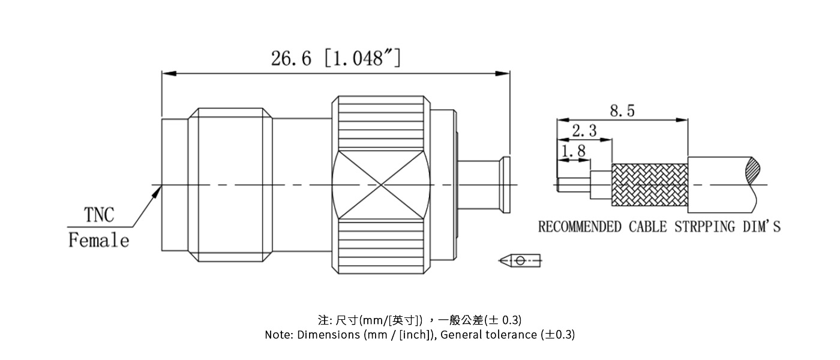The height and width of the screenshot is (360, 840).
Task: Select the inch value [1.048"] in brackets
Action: [363, 58]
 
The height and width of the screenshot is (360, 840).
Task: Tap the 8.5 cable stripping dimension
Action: [622, 111]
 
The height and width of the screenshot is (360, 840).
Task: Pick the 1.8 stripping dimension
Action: [573, 151]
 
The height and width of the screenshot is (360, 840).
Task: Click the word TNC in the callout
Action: [98, 215]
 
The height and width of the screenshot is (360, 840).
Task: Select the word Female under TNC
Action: [98, 241]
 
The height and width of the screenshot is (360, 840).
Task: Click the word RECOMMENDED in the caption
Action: [580, 227]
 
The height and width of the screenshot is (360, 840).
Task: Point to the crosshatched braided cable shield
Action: [649, 185]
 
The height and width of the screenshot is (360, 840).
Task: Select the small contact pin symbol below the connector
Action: [520, 260]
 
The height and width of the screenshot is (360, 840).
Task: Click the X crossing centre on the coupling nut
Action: [382, 185]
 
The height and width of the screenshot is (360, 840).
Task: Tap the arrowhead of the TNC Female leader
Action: [159, 190]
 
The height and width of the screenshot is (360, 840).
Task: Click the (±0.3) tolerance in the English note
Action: [557, 335]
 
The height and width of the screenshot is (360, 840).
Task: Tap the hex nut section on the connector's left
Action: [231, 185]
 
